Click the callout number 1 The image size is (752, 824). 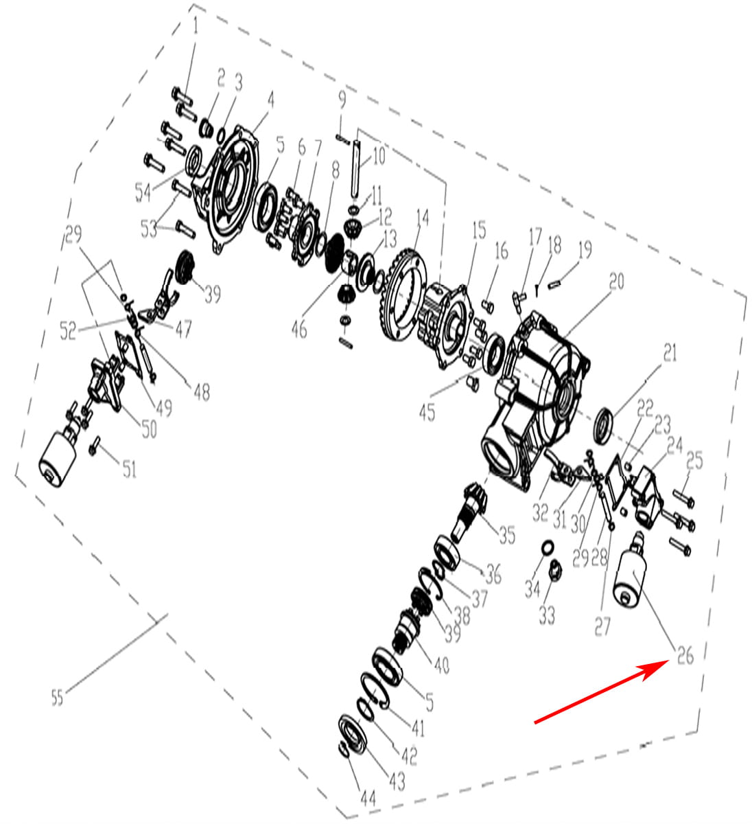[196, 25]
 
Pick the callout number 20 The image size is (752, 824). [616, 281]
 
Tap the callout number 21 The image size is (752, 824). [670, 352]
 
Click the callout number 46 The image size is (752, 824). [299, 329]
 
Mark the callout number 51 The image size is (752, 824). [129, 469]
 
